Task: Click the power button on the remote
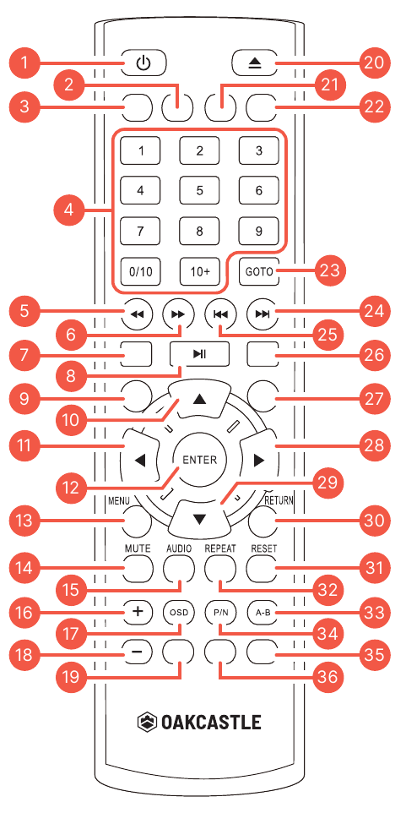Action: point(144,63)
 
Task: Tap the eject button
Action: point(253,63)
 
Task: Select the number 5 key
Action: point(199,190)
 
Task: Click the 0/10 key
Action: point(140,271)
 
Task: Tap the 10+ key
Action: point(199,271)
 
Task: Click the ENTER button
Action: point(199,459)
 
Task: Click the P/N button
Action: point(219,612)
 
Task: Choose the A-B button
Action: point(263,612)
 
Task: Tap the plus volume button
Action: point(138,611)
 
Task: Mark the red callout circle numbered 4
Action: point(69,210)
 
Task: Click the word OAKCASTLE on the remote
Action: point(211,722)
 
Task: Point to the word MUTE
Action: point(138,548)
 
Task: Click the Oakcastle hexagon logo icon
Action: point(147,722)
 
